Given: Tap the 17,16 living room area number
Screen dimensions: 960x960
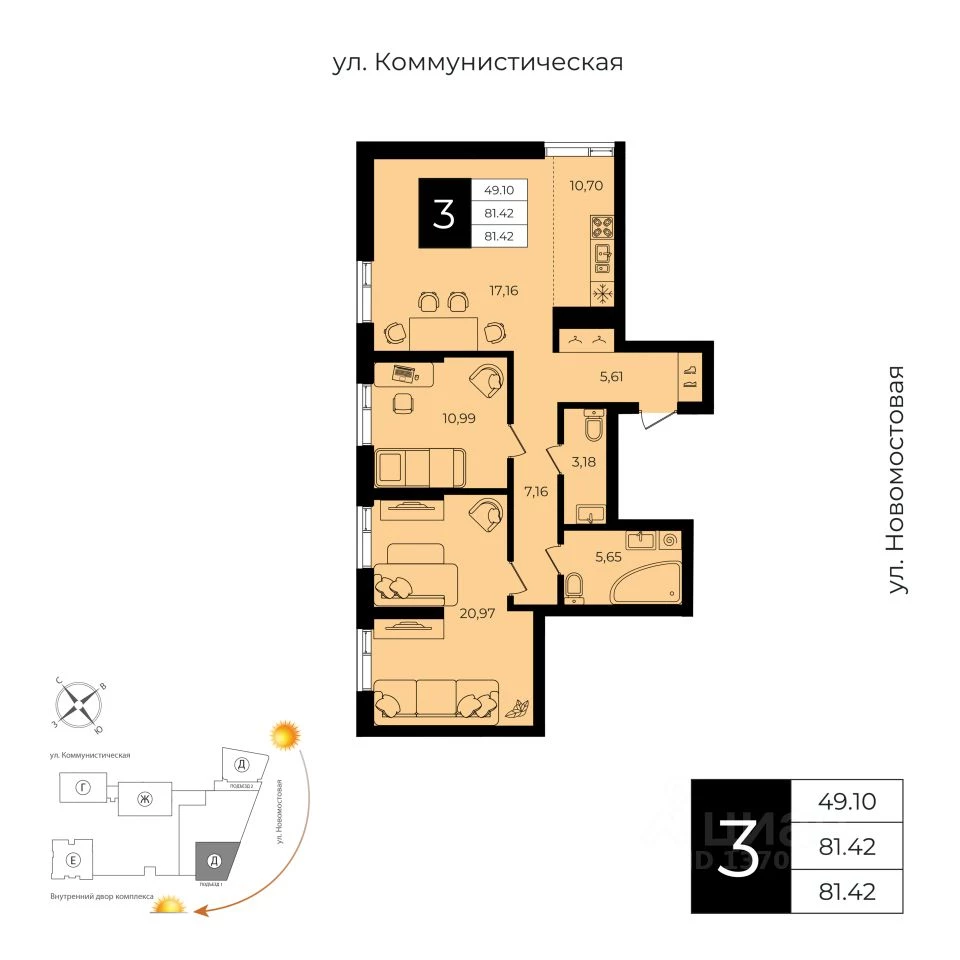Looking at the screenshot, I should tap(505, 291).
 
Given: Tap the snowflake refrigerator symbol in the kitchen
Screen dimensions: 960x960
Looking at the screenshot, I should tap(603, 294).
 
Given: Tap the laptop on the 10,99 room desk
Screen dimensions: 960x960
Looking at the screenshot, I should tap(406, 374).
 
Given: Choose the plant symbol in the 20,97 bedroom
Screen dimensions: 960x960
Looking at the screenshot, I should tap(518, 708).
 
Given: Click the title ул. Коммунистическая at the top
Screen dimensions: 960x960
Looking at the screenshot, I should tap(478, 63).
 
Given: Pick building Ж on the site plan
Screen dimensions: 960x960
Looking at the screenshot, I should tap(145, 798).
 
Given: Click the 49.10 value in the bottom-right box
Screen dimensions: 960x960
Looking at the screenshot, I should tap(847, 801).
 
